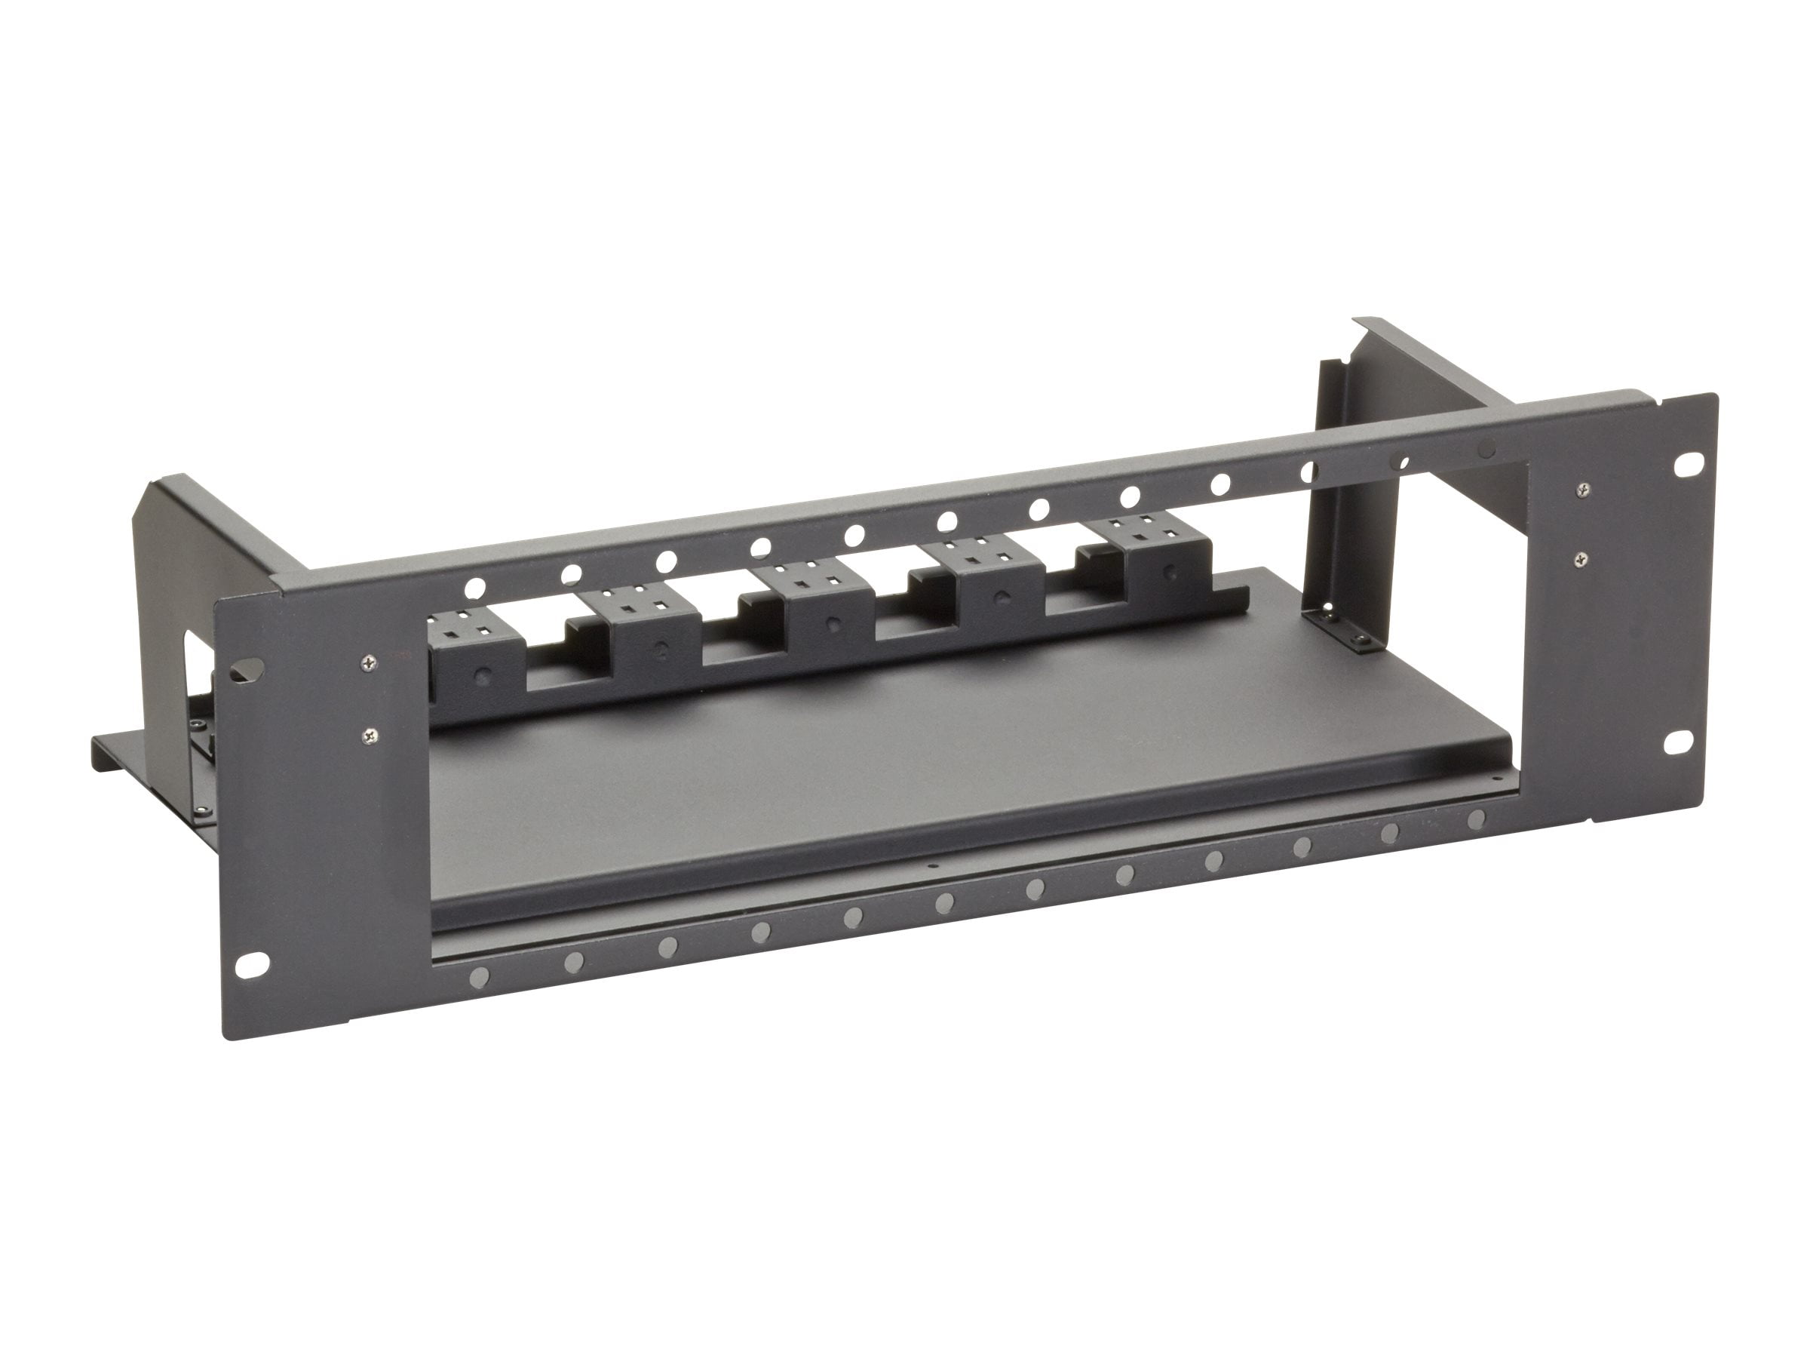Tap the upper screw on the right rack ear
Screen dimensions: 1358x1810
pyautogui.click(x=1585, y=489)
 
